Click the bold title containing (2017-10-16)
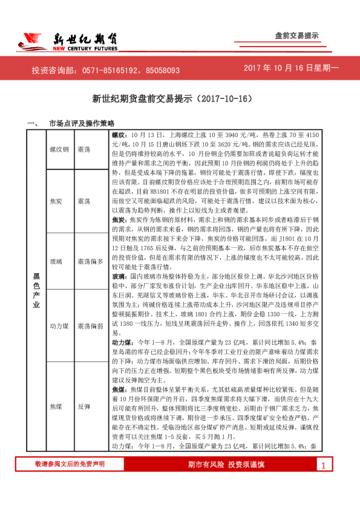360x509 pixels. pos(179,98)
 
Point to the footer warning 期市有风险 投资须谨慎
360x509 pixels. pos(235,481)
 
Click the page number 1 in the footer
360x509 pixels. pos(324,482)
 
